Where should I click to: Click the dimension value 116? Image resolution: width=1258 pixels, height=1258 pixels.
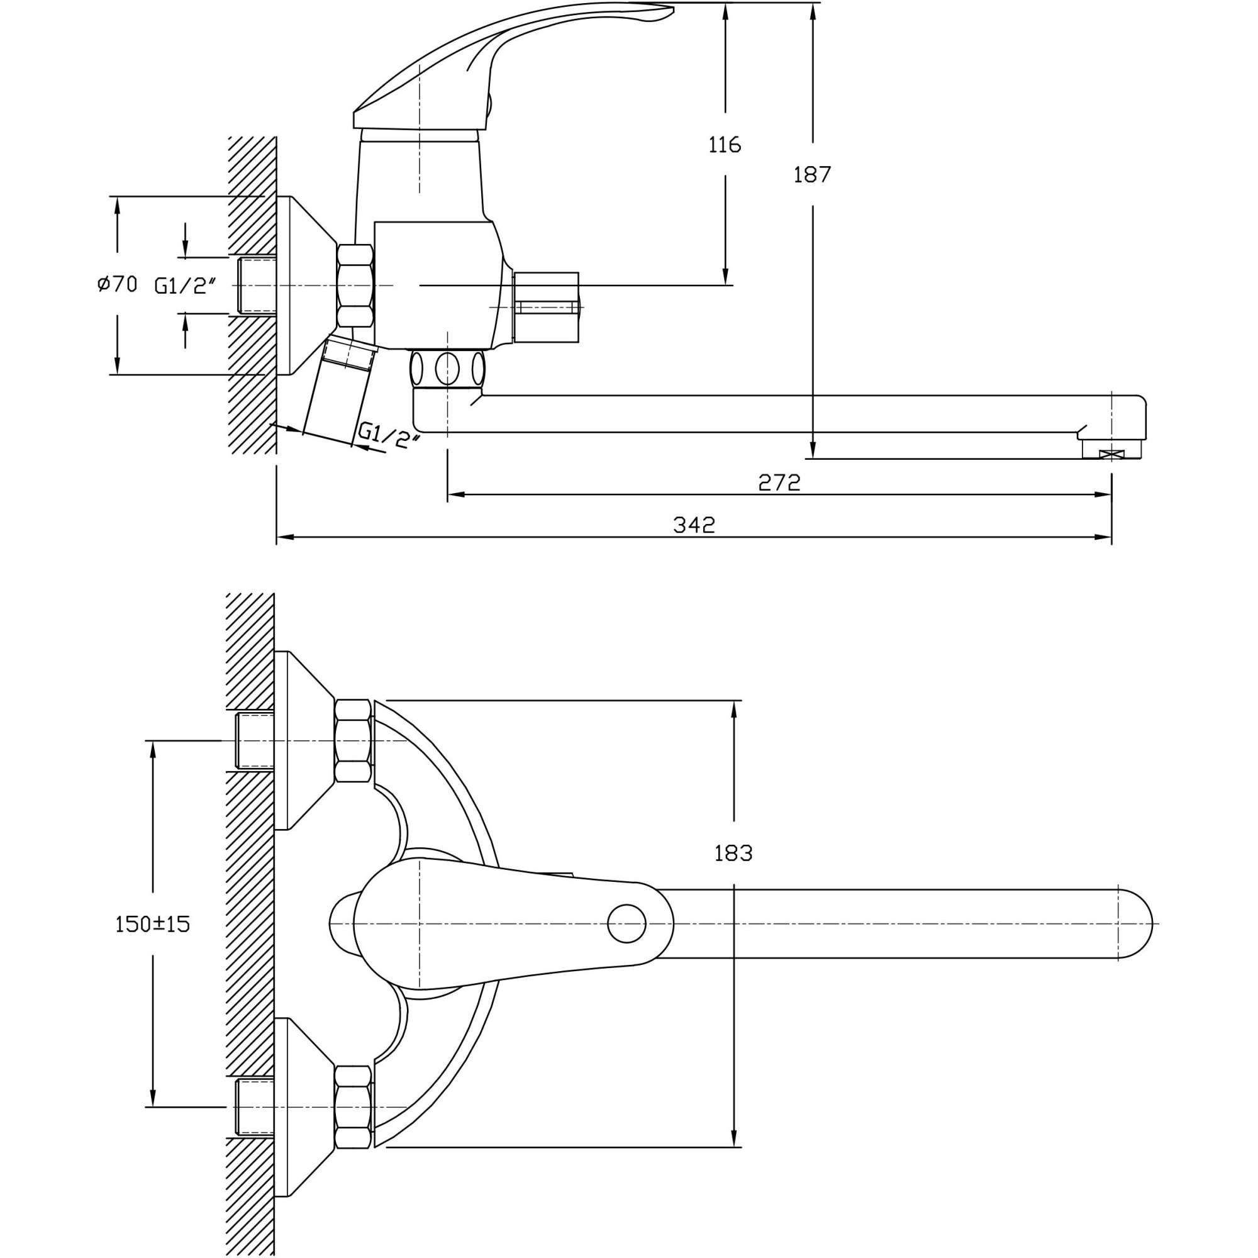click(725, 145)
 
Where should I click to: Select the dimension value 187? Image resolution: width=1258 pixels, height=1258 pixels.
click(812, 174)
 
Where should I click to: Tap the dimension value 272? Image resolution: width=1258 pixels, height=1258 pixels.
click(779, 482)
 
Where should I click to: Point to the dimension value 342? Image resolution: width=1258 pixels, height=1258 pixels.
click(694, 525)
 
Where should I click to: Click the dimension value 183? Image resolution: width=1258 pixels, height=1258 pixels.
click(733, 853)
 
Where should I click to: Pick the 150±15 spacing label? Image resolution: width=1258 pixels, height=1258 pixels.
click(152, 924)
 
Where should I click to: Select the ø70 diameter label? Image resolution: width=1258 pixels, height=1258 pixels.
click(117, 284)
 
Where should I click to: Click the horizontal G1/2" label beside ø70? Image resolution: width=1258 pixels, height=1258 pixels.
click(184, 285)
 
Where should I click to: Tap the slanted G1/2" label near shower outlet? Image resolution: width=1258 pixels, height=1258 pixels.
click(389, 435)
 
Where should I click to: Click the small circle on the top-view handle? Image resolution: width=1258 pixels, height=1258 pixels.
click(626, 923)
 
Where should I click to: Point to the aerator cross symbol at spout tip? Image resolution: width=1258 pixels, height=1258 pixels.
click(1111, 455)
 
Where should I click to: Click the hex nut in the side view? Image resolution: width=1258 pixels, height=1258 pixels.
click(355, 285)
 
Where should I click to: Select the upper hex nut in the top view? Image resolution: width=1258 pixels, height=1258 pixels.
click(352, 740)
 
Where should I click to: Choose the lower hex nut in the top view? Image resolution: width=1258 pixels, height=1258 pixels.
click(352, 1106)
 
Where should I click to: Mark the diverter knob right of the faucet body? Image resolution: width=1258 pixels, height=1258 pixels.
click(545, 307)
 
